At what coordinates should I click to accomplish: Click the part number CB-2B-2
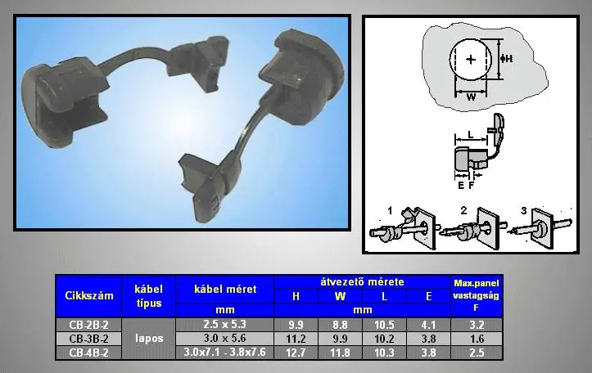point(88,325)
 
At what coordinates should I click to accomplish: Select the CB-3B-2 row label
point(88,339)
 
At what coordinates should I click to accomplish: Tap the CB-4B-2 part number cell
point(88,353)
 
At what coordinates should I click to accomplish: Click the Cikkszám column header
point(89,295)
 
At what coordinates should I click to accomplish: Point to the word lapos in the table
point(149,339)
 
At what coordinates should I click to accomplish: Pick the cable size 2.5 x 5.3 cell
point(224,325)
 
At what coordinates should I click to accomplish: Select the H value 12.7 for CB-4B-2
point(296,353)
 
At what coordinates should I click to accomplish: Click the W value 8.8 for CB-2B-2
point(340,325)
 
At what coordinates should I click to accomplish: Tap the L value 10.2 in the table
point(384,339)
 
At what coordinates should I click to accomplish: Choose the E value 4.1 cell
point(428,325)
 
